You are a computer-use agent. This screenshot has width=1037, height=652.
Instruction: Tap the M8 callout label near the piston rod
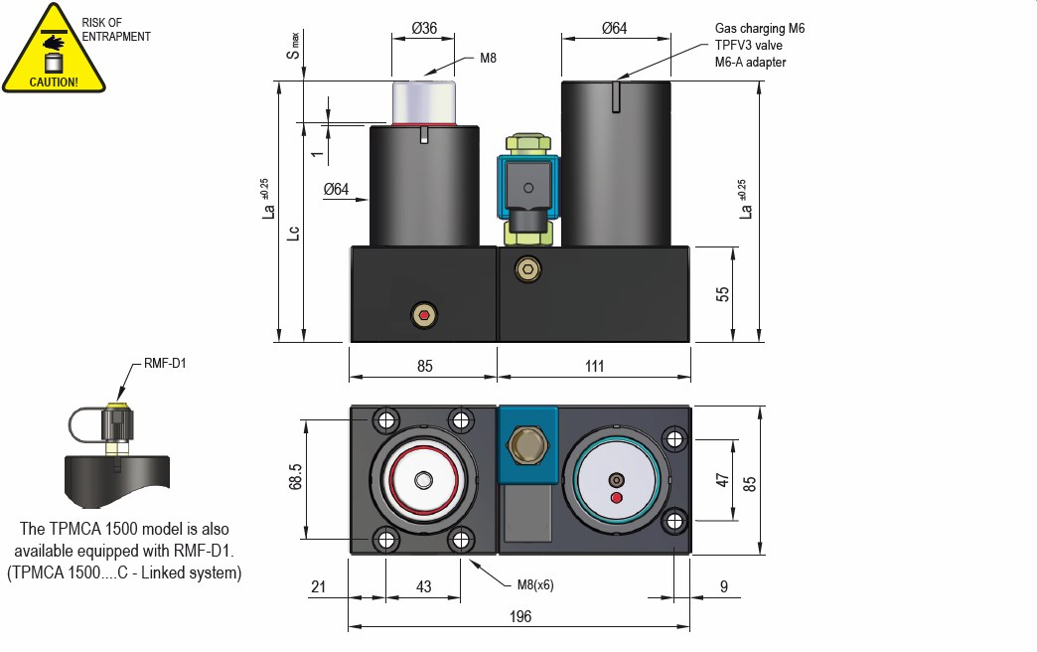tap(488, 59)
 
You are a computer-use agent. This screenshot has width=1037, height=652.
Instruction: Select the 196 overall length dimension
tap(519, 616)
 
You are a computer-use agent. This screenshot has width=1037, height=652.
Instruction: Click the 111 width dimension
tap(594, 366)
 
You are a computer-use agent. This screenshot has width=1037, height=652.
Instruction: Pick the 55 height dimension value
tap(723, 294)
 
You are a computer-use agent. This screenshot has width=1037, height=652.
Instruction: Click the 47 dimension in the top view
tap(723, 480)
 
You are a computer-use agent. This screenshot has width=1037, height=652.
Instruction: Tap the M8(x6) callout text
tap(534, 584)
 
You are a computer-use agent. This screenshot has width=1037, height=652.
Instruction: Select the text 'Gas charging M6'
tap(760, 29)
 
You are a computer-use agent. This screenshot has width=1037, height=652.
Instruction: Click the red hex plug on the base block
tap(425, 316)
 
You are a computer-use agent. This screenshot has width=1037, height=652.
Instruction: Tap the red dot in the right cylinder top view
tap(616, 497)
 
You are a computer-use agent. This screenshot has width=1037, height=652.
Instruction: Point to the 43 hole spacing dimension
tap(423, 587)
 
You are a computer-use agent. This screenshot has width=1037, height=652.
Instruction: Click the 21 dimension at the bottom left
tap(318, 587)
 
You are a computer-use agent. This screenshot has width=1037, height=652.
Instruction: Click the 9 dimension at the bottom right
tap(724, 587)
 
